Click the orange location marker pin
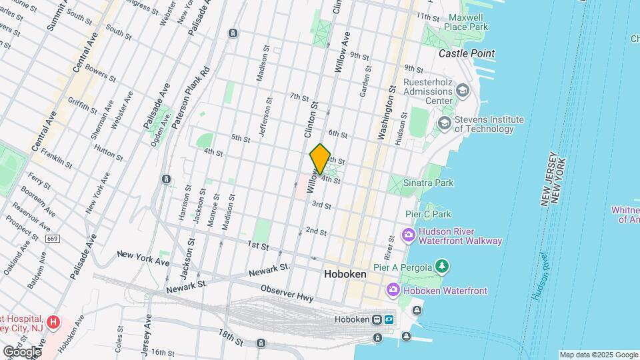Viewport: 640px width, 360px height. (320, 159)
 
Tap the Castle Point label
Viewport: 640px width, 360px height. (467, 53)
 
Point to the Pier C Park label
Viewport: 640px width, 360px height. (429, 214)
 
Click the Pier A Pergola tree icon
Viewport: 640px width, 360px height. (441, 267)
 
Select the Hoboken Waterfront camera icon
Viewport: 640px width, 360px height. (393, 290)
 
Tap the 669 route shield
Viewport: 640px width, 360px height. (52, 238)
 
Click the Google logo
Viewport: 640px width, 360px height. (22, 351)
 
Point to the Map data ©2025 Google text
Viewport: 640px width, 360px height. (599, 355)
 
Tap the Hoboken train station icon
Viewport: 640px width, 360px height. (377, 319)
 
